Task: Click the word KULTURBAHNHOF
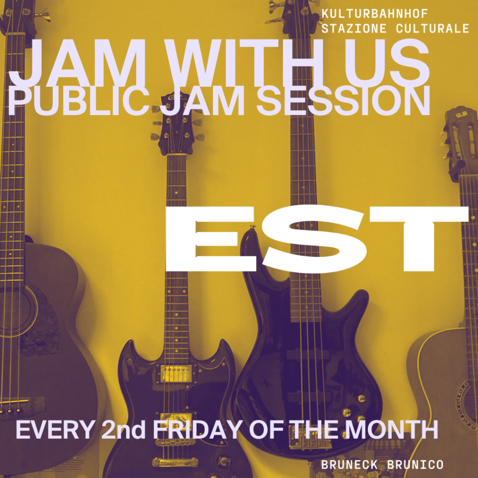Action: click(375, 14)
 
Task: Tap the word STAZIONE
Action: click(354, 28)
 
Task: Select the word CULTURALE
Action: click(432, 28)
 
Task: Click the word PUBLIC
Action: click(78, 100)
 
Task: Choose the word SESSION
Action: click(343, 100)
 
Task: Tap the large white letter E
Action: click(211, 239)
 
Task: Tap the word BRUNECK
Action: click(349, 465)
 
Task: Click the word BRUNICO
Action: click(415, 465)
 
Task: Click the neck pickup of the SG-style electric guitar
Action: click(176, 374)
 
